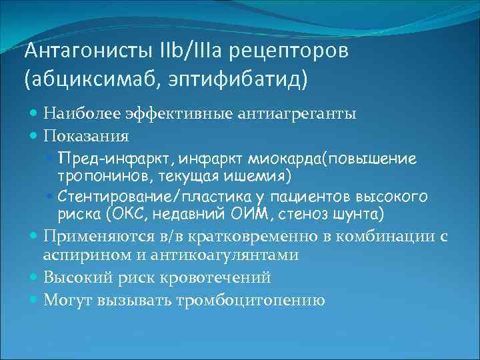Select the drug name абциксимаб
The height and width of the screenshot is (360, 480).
(77, 80)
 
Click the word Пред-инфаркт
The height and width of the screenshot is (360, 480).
(97, 159)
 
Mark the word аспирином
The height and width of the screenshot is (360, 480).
(78, 255)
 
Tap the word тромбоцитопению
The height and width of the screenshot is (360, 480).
(250, 300)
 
